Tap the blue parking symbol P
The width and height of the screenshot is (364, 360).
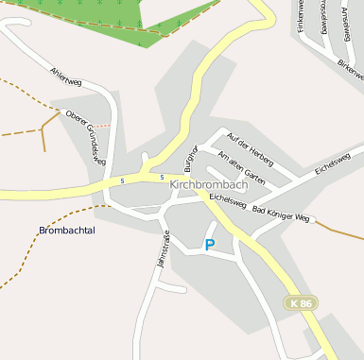tap(210, 245)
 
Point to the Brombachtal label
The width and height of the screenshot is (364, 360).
tap(67, 230)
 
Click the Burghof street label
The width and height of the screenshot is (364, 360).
tap(190, 157)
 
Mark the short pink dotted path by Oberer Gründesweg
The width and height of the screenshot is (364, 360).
tap(101, 124)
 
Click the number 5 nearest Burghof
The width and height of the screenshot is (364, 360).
tap(162, 177)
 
